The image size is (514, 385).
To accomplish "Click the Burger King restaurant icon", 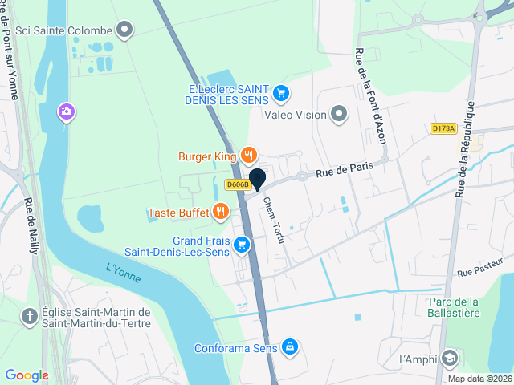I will [x=249, y=156].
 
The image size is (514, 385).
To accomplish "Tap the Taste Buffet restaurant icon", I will [x=220, y=213].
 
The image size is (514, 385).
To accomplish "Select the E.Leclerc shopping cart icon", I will [x=280, y=94].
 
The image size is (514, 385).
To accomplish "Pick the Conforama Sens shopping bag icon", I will [x=290, y=348].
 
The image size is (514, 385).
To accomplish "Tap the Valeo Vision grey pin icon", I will [x=339, y=115].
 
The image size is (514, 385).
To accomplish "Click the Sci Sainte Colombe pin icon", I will [x=124, y=31].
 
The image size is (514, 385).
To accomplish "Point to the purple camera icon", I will [x=66, y=112].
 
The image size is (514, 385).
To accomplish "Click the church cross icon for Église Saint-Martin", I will [x=29, y=318].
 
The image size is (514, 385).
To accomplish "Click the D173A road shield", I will [x=443, y=128].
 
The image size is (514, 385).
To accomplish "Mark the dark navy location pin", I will [x=258, y=178].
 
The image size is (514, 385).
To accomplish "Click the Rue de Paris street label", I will [x=345, y=169].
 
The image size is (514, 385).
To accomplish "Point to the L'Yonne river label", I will [x=123, y=274].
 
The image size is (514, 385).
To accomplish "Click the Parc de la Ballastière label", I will [x=453, y=307].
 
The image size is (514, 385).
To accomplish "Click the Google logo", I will [x=27, y=375].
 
